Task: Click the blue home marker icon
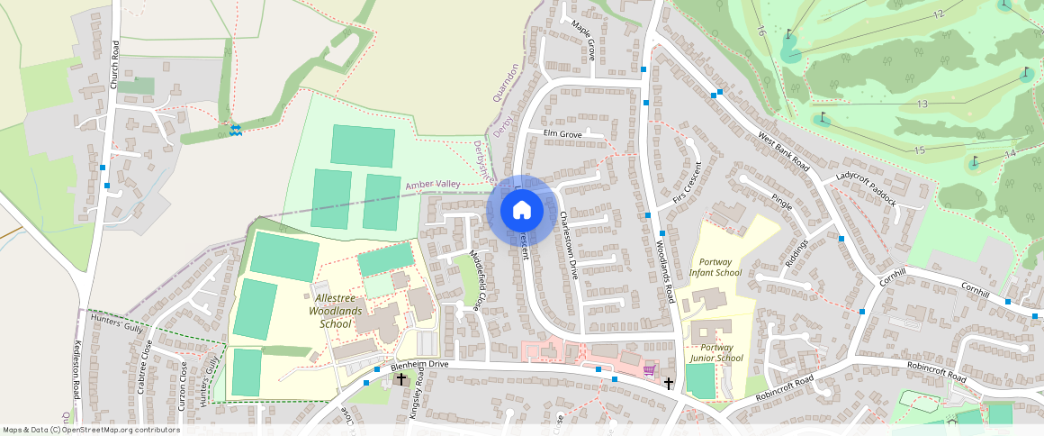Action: click(x=521, y=210)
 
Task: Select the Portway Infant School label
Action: click(x=715, y=266)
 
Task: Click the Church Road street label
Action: click(x=114, y=64)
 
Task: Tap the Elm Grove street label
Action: click(x=562, y=134)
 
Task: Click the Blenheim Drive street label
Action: click(x=419, y=365)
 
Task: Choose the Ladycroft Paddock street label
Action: click(x=866, y=188)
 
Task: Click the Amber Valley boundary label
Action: click(x=433, y=185)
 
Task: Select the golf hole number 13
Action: click(x=922, y=104)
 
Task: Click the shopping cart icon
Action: click(x=648, y=370)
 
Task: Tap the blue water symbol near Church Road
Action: click(x=235, y=132)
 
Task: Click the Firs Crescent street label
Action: click(x=686, y=184)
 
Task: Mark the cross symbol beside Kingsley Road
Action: click(x=401, y=379)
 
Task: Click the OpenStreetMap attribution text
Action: click(x=92, y=430)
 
